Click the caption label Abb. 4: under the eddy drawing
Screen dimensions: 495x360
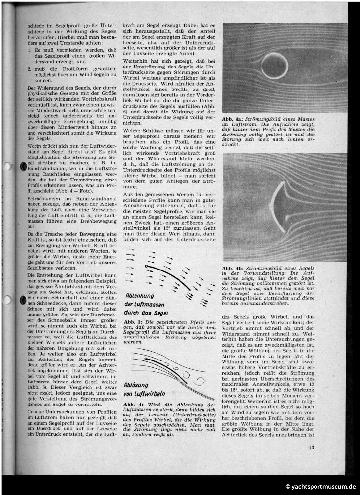(x=134, y=405)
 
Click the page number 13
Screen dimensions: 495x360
(x=311, y=460)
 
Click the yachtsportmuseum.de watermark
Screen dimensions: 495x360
(x=320, y=487)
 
